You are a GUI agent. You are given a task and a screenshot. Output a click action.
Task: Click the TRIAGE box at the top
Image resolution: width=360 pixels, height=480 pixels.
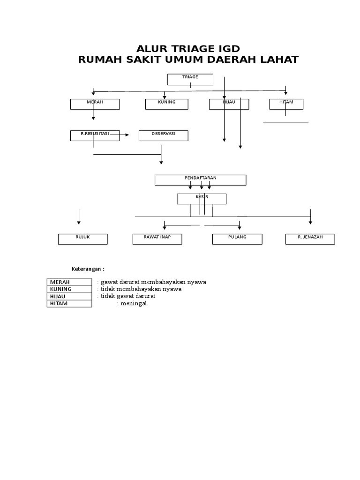pyautogui.click(x=190, y=79)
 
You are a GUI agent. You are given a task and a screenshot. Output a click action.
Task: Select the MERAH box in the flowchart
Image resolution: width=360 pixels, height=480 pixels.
pyautogui.click(x=95, y=104)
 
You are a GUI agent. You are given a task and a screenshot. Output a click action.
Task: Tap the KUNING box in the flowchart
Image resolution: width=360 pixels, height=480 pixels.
pyautogui.click(x=167, y=104)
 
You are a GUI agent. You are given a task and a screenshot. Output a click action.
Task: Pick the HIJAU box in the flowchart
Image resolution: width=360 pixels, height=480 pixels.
pyautogui.click(x=229, y=104)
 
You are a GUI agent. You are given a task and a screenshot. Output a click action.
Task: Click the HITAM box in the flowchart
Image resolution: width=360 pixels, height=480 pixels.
pyautogui.click(x=286, y=104)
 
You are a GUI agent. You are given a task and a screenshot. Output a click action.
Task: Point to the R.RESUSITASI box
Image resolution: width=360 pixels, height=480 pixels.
pyautogui.click(x=95, y=135)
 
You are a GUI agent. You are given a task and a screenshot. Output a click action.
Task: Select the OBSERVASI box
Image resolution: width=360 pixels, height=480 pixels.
pyautogui.click(x=163, y=135)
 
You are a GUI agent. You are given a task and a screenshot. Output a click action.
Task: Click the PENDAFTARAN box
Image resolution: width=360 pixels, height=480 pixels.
pyautogui.click(x=200, y=180)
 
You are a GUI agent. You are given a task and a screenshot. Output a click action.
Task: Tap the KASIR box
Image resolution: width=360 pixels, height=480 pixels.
pyautogui.click(x=201, y=199)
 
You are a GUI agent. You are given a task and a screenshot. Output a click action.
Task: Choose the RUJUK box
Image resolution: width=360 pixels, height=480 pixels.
pyautogui.click(x=82, y=239)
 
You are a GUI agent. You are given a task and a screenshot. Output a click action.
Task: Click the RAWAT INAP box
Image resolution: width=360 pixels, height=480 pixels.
pyautogui.click(x=157, y=239)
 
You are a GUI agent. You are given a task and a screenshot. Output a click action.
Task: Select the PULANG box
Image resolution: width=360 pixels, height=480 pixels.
pyautogui.click(x=237, y=239)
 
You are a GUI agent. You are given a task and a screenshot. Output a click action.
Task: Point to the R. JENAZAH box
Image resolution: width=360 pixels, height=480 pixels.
pyautogui.click(x=310, y=239)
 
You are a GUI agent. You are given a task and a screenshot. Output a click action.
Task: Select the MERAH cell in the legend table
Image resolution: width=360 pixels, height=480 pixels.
pyautogui.click(x=69, y=282)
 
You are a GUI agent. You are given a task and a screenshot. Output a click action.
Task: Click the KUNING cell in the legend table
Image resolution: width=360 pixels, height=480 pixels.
pyautogui.click(x=69, y=289)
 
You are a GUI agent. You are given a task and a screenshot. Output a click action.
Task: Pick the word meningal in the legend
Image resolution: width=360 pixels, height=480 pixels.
pyautogui.click(x=133, y=303)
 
